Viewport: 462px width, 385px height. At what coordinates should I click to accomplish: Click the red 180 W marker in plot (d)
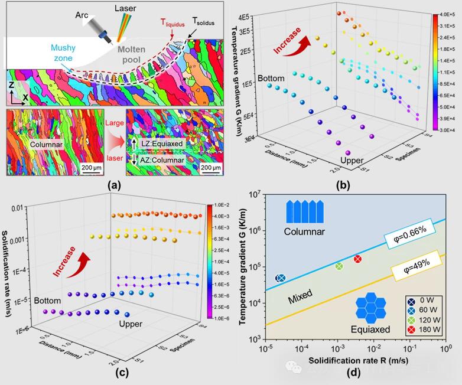tap(358, 259)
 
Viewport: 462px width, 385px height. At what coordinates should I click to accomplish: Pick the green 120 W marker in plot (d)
tap(339, 266)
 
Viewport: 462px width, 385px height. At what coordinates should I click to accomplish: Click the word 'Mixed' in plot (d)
tap(300, 299)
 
